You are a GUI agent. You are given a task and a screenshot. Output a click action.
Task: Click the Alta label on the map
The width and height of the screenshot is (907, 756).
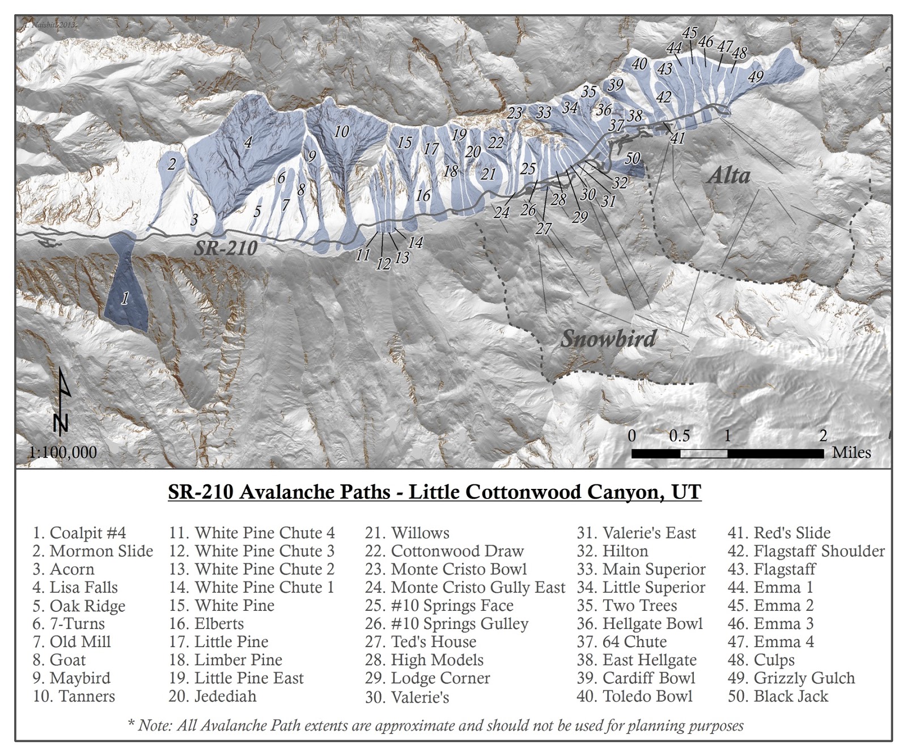[728, 175]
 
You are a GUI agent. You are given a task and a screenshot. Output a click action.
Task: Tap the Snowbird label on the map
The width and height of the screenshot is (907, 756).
[608, 339]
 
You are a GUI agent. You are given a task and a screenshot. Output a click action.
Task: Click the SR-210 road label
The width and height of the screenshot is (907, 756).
[226, 248]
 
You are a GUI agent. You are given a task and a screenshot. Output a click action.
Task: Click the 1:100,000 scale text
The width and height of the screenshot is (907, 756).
[63, 452]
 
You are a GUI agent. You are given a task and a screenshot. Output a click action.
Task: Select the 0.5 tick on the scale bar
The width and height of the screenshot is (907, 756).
[679, 436]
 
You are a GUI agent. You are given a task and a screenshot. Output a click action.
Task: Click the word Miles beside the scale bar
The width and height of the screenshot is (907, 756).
[851, 452]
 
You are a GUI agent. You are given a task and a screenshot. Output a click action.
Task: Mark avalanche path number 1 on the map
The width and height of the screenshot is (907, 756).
[125, 297]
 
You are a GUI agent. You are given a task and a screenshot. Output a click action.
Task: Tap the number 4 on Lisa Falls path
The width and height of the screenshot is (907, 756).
[248, 142]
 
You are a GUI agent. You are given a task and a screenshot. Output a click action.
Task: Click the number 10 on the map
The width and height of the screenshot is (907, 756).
[341, 132]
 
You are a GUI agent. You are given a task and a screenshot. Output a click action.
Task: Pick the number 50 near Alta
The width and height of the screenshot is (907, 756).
[632, 158]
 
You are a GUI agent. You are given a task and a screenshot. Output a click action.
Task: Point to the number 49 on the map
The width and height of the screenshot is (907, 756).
[756, 76]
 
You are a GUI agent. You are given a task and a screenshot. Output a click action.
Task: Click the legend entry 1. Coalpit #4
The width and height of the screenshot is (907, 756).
[79, 533]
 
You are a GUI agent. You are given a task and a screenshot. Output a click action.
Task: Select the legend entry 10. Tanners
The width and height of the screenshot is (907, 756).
[74, 696]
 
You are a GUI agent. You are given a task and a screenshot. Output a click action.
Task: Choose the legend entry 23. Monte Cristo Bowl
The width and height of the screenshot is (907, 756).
[446, 569]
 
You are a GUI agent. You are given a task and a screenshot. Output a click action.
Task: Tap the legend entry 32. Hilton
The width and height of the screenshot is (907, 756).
[612, 551]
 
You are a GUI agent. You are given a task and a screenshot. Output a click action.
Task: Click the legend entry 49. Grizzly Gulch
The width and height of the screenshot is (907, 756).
[791, 678]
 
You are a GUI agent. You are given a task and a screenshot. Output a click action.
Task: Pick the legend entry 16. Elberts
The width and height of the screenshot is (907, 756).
[206, 624]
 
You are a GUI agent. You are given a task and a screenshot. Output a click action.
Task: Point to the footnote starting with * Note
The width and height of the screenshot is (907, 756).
[435, 725]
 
